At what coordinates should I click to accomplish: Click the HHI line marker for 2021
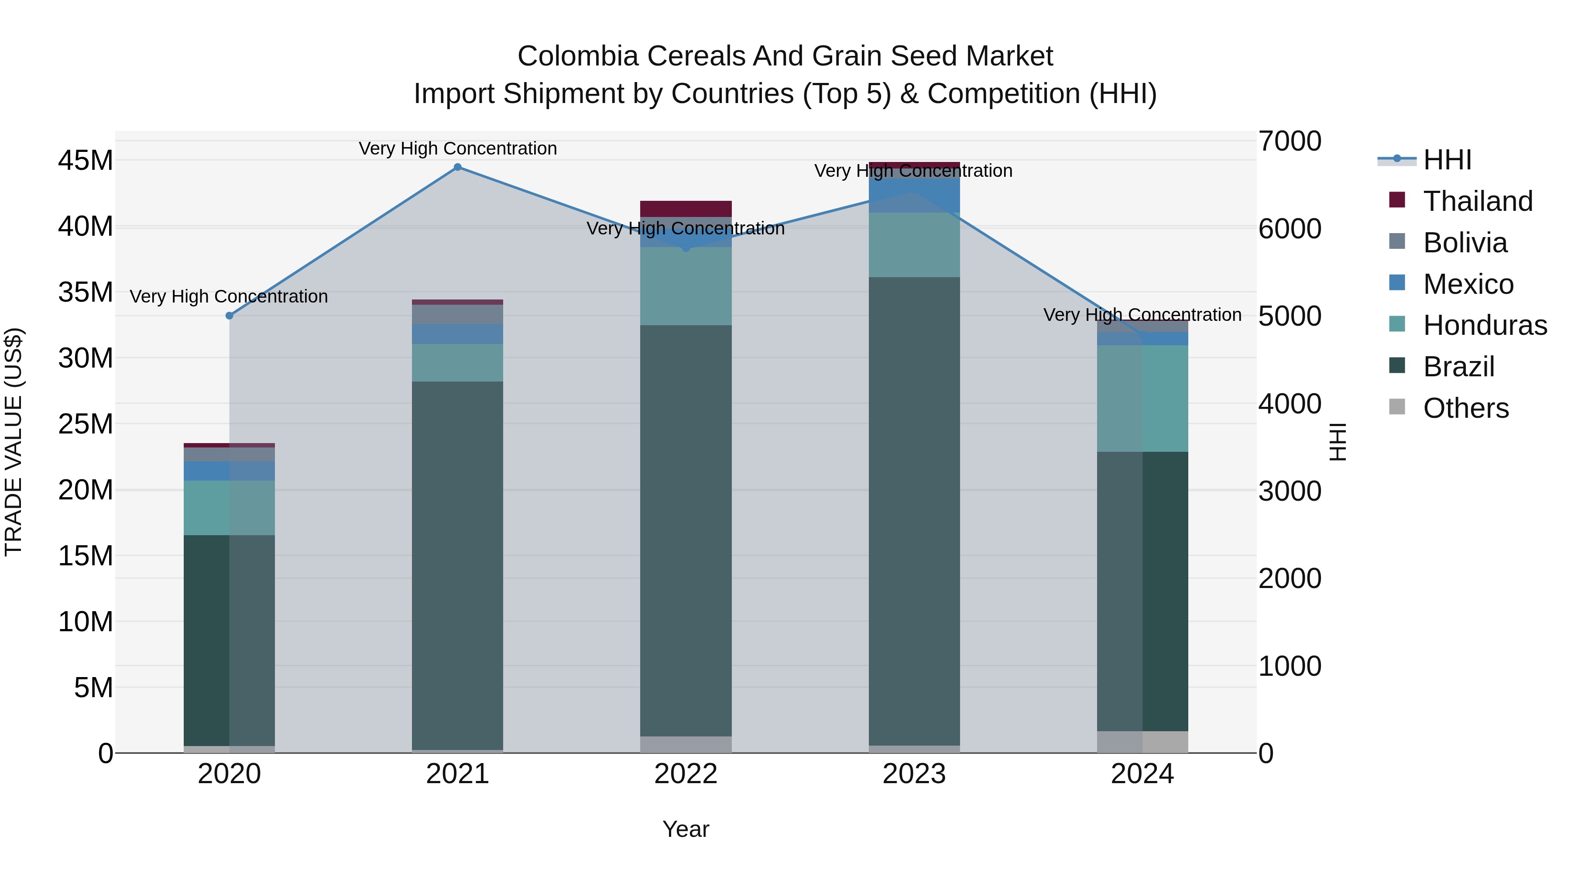pyautogui.click(x=457, y=167)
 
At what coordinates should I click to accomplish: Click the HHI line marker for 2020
pyautogui.click(x=229, y=316)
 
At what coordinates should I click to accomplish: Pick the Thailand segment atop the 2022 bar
pyautogui.click(x=686, y=209)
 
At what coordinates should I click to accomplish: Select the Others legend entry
pyautogui.click(x=1465, y=408)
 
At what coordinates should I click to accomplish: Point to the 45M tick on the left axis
pyautogui.click(x=86, y=161)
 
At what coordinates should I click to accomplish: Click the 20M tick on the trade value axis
pyautogui.click(x=86, y=490)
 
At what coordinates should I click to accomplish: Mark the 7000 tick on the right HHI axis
pyautogui.click(x=1289, y=141)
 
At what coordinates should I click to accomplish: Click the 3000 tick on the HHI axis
pyautogui.click(x=1289, y=491)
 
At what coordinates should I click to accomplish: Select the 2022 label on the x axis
pyautogui.click(x=686, y=774)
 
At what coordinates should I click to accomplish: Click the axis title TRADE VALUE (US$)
pyautogui.click(x=14, y=442)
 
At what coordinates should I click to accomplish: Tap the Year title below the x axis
pyautogui.click(x=686, y=829)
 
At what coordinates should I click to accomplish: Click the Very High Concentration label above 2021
pyautogui.click(x=457, y=148)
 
